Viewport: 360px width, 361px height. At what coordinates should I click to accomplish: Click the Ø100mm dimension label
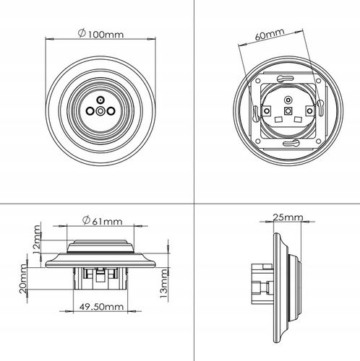(100, 34)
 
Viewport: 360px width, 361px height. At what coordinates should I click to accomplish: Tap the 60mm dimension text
(270, 34)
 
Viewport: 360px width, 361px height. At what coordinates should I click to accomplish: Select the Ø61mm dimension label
(103, 221)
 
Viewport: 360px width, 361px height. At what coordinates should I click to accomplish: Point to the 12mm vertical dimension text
(37, 240)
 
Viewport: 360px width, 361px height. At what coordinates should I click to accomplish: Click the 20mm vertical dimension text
(23, 279)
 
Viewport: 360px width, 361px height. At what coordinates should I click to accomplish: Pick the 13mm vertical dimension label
(163, 284)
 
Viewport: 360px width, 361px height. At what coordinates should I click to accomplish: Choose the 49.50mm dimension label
(101, 307)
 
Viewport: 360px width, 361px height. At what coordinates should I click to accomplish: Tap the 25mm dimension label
(288, 217)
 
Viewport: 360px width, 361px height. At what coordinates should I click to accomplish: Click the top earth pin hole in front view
(100, 100)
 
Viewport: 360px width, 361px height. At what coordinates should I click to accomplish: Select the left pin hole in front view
(90, 111)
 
